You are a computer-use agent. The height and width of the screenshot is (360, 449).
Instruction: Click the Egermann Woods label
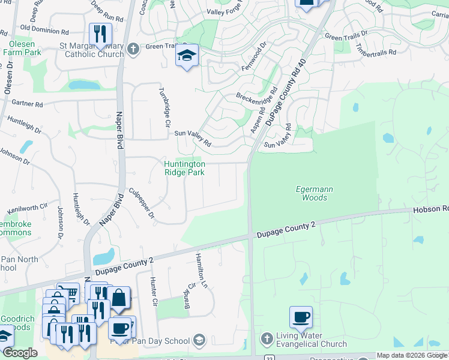point(314,193)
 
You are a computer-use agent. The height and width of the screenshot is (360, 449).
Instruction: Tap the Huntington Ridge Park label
point(185,168)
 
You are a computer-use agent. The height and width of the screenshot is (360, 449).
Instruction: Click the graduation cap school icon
point(187,56)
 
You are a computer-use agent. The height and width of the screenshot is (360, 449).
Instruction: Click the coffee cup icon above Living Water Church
point(301,317)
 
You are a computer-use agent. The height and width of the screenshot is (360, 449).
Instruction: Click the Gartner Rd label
point(31,104)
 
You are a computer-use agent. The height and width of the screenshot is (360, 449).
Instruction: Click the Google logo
point(19,353)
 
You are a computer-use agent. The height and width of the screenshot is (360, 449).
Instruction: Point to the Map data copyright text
point(412,355)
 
